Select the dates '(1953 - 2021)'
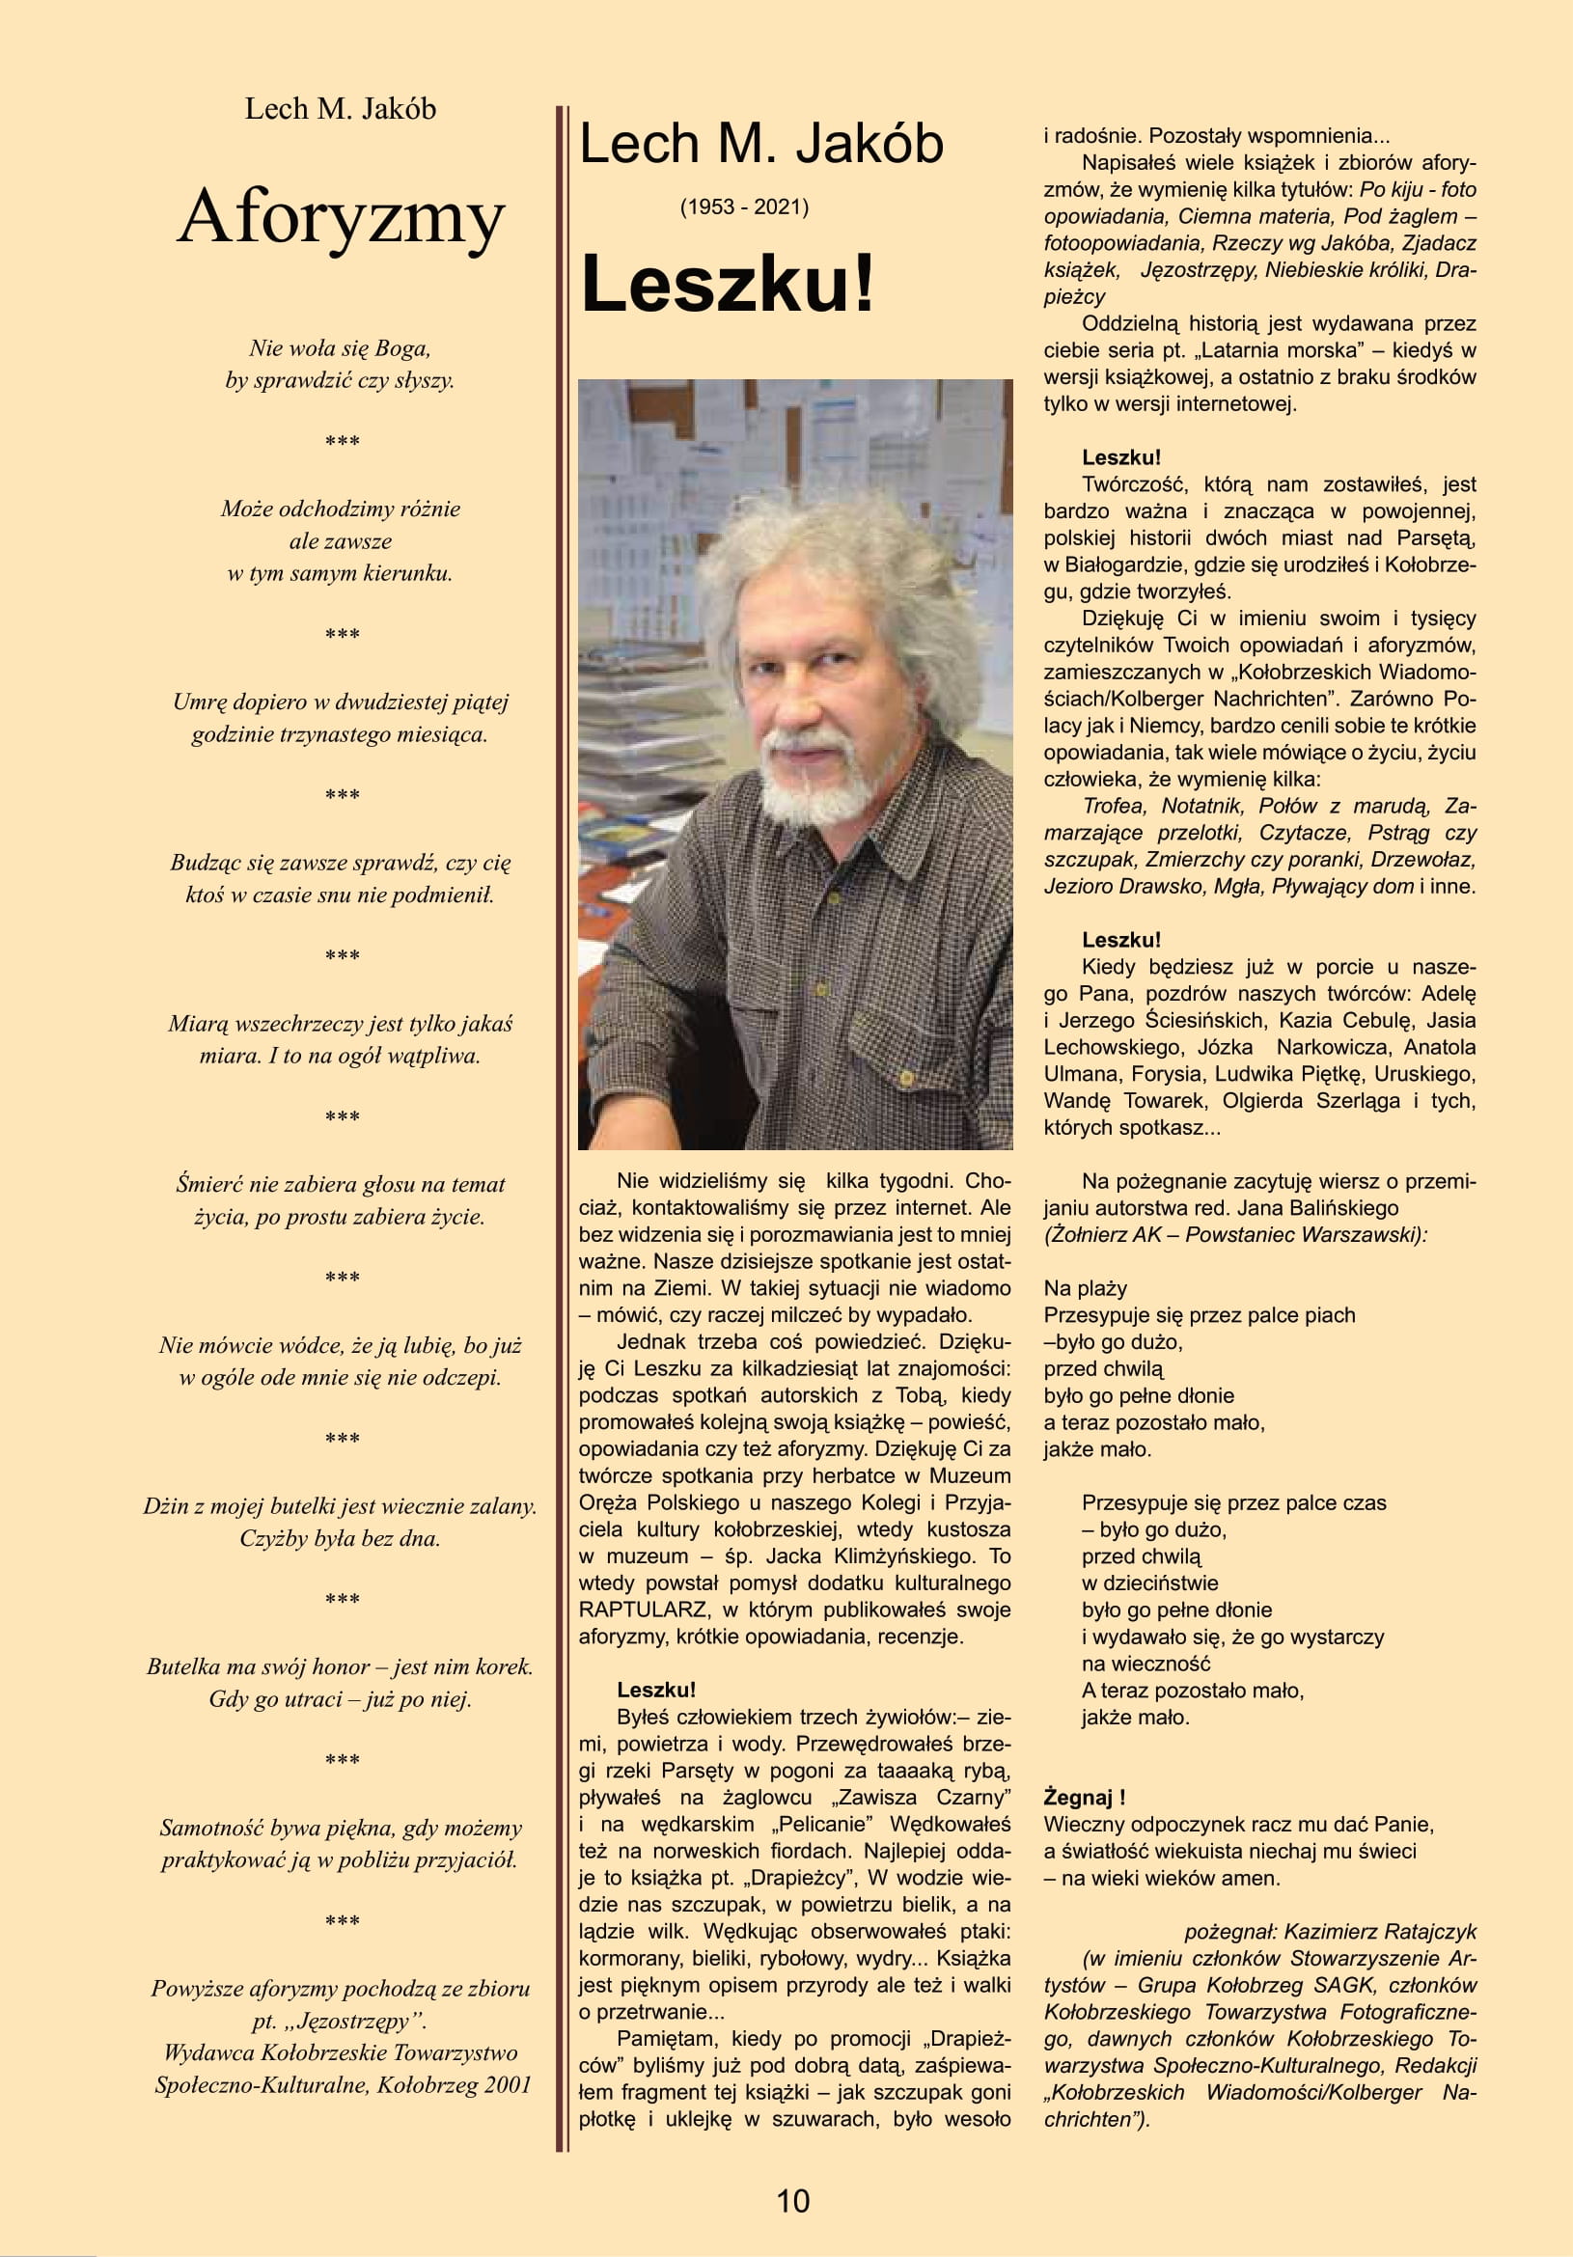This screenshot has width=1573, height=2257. [744, 207]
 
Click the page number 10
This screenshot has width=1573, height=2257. [792, 2201]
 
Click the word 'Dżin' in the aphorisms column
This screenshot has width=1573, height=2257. [164, 1506]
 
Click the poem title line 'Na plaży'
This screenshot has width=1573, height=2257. [1086, 1289]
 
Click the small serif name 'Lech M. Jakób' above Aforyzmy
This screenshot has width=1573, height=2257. [340, 108]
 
